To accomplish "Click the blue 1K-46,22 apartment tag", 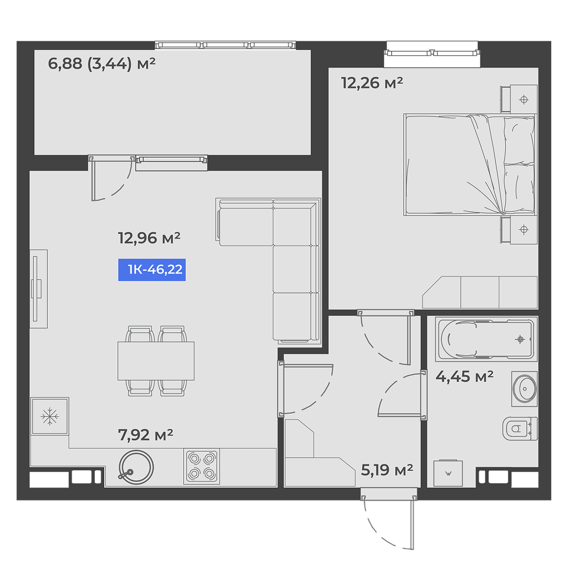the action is pos(152,270).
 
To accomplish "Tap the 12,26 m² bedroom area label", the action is pos(372,83).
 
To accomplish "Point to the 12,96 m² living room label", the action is pos(149,238).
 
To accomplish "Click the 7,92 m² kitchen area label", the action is pos(145,435).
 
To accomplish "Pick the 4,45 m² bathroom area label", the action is pos(464,377).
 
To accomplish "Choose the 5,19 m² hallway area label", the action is pos(387,470).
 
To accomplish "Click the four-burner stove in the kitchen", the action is pos(201,467).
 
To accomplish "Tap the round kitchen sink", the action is pos(136,467).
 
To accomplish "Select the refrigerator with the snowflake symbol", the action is pos(49,416).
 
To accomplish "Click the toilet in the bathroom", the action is pos(520,429).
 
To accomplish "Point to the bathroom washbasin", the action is pos(524,389).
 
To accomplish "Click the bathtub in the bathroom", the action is pos(486,339).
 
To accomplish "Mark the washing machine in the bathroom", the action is pos(448,473).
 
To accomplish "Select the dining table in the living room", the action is pos(156,361).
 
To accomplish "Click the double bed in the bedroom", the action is pos(470,165).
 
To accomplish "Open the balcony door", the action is pos(111,178).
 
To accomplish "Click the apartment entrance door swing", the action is pos(388,519).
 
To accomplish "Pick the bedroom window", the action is pos(432,54).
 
